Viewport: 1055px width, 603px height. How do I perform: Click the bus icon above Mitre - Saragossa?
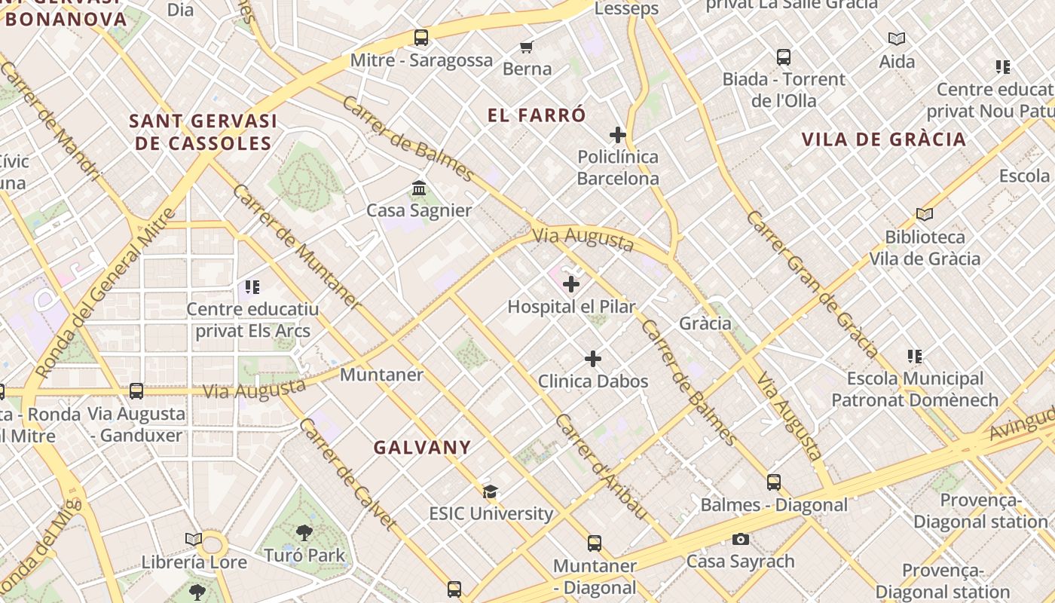click(421, 37)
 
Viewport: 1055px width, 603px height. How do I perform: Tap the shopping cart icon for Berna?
click(527, 47)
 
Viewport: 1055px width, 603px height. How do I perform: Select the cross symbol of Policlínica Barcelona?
click(618, 135)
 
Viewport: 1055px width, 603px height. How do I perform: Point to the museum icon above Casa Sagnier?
click(419, 188)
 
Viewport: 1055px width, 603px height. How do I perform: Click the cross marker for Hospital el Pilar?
click(571, 284)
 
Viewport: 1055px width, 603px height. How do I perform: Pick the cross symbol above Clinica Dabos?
click(593, 359)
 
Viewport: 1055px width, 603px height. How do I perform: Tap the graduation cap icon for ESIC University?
click(491, 491)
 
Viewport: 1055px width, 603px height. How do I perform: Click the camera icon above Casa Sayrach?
click(741, 539)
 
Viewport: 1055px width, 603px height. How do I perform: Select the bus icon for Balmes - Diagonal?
click(774, 482)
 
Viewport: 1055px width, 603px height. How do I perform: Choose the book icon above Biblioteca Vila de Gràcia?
click(925, 215)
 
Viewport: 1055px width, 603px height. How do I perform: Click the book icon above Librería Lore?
click(194, 540)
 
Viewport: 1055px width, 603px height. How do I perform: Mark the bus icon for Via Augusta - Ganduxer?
click(136, 391)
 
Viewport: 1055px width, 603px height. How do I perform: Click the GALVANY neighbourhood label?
click(422, 448)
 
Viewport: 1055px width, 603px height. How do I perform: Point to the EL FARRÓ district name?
click(537, 115)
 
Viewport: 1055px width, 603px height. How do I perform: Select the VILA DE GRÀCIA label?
click(883, 139)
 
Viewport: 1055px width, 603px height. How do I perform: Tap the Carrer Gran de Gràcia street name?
click(812, 283)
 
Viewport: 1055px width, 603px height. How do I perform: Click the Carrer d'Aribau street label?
click(601, 466)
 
